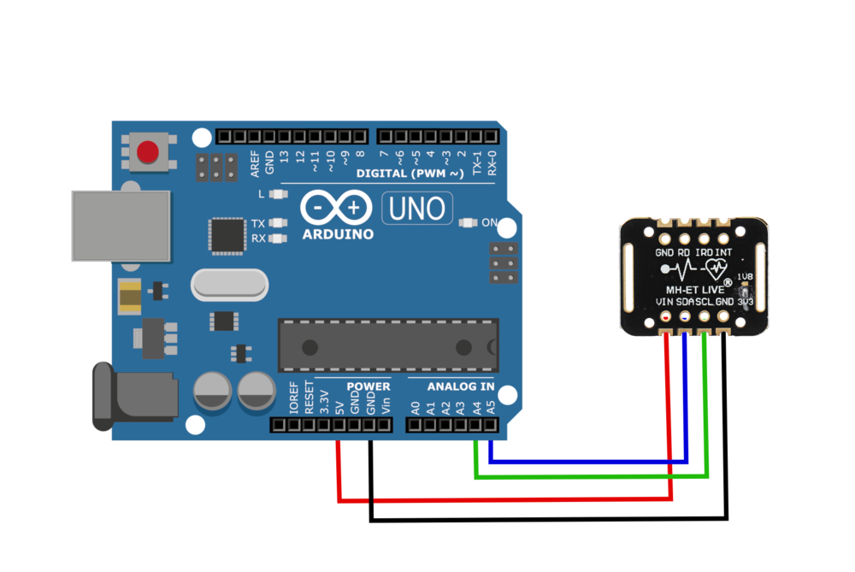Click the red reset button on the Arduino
click(x=148, y=152)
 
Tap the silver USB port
click(x=120, y=226)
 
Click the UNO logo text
click(x=417, y=208)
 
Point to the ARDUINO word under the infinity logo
click(x=338, y=233)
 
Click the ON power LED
click(x=467, y=222)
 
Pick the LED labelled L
click(x=275, y=195)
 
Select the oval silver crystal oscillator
click(x=229, y=285)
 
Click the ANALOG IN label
click(x=461, y=386)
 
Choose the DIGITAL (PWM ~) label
click(x=410, y=174)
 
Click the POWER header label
click(x=369, y=386)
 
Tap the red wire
click(x=504, y=498)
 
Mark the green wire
click(x=590, y=476)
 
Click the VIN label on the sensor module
click(x=664, y=302)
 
